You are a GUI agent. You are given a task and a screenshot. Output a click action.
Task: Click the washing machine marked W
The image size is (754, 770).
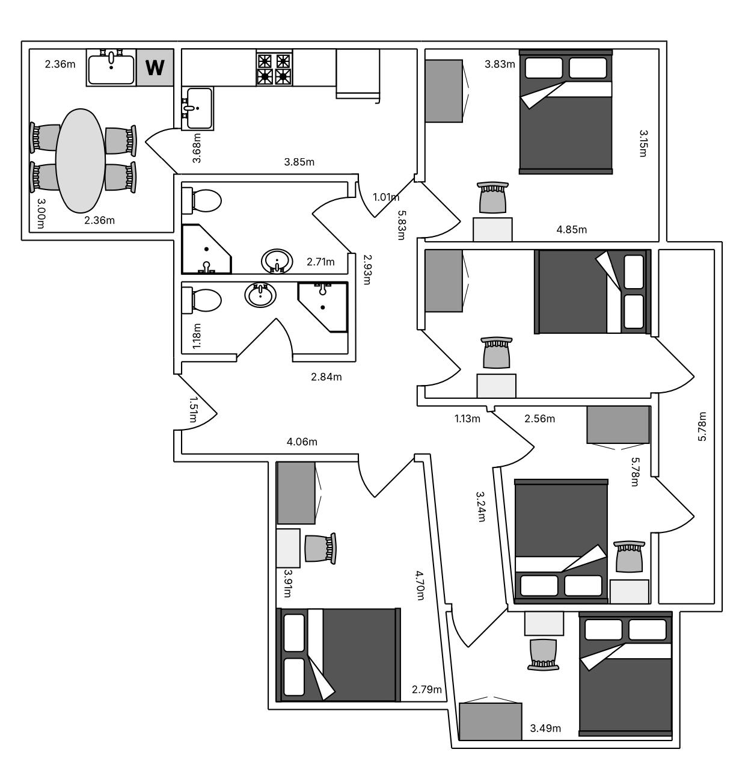155,67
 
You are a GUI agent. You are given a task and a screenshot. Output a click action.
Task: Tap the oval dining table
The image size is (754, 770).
81,161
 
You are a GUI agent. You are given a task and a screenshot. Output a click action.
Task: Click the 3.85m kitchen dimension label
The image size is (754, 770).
299,162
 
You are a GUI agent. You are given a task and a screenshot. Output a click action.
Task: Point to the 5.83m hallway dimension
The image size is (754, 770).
401,225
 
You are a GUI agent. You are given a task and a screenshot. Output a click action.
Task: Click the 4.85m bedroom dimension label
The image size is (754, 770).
571,229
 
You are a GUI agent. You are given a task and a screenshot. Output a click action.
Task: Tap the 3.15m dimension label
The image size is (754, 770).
643,143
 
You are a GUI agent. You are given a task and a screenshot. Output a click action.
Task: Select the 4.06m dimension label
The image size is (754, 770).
302,442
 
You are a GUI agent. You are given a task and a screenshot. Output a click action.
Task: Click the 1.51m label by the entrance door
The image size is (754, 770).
193,410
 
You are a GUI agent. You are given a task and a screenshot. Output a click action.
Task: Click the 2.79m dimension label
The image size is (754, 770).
427,689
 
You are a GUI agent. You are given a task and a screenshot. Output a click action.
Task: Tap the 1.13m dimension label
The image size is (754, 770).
467,419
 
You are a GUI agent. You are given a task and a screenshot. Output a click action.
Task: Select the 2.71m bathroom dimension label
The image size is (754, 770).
320,262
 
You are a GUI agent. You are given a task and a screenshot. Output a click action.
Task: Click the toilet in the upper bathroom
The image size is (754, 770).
201,201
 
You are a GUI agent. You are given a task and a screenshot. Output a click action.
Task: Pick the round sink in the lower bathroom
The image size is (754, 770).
260,295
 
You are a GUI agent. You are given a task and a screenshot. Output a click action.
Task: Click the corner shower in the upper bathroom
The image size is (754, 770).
206,249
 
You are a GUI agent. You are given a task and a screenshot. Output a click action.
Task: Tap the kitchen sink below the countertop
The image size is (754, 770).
197,108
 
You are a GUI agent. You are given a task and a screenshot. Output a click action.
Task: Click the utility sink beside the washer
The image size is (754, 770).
111,67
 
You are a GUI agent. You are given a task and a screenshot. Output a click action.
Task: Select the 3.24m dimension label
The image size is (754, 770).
480,507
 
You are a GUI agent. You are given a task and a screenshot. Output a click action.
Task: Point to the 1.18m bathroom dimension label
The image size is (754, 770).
197,336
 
